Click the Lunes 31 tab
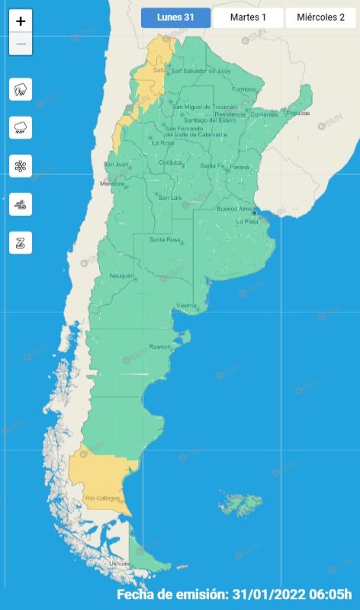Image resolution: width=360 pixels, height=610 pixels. (x=175, y=18)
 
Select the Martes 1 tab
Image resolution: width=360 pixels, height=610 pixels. (x=248, y=18)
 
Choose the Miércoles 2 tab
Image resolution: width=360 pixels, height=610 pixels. (x=321, y=18)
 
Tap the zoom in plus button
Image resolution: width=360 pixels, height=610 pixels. (x=21, y=21)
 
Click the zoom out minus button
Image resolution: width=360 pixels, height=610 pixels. (x=21, y=44)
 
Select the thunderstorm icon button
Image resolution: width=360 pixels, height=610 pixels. (x=21, y=90)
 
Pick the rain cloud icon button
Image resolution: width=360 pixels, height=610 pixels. (x=21, y=128)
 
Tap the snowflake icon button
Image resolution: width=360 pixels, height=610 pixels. (x=21, y=166)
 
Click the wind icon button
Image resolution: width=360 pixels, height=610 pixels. (x=21, y=204)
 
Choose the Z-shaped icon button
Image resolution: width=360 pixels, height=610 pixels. (x=21, y=242)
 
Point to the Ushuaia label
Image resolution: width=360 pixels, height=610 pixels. (x=119, y=563)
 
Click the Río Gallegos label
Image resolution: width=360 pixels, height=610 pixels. (x=101, y=499)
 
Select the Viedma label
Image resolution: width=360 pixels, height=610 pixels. (x=187, y=306)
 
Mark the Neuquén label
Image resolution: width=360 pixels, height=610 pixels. (x=121, y=275)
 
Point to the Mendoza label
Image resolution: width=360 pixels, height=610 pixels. (x=112, y=184)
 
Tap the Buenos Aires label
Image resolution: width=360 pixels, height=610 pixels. (x=233, y=208)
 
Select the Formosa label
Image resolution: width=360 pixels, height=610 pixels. (x=244, y=89)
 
